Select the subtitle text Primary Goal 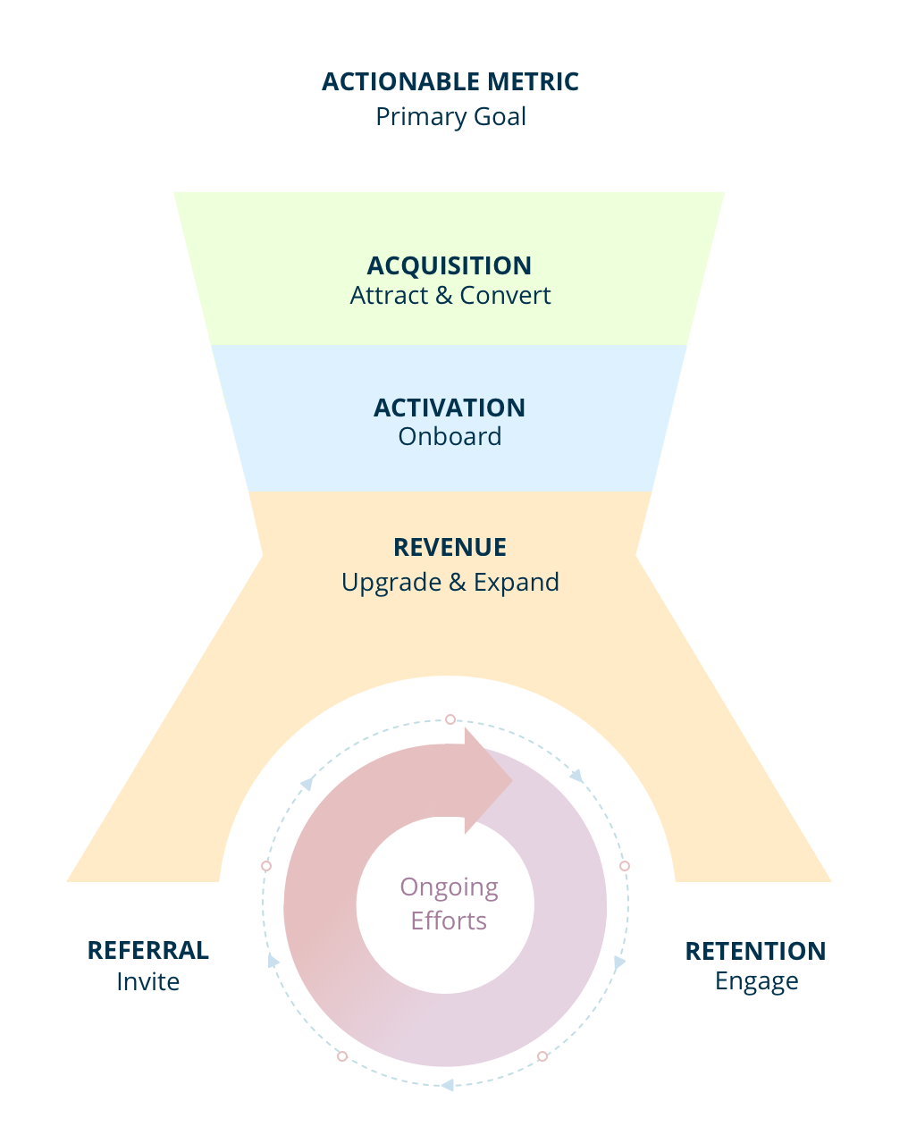pos(450,117)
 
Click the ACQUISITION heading pos(450,265)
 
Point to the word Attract pos(389,296)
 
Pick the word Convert pos(505,296)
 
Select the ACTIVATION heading pos(450,408)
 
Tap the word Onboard pos(450,437)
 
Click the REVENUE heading pos(450,547)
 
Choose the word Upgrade pos(391,583)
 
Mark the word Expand pos(517,583)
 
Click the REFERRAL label pos(148,951)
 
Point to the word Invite pos(148,982)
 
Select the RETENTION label pos(755,951)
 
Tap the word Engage pos(756,982)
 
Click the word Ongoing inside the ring pos(449,887)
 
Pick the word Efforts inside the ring pos(449,921)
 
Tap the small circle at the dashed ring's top pos(450,719)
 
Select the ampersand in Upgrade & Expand pos(458,583)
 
